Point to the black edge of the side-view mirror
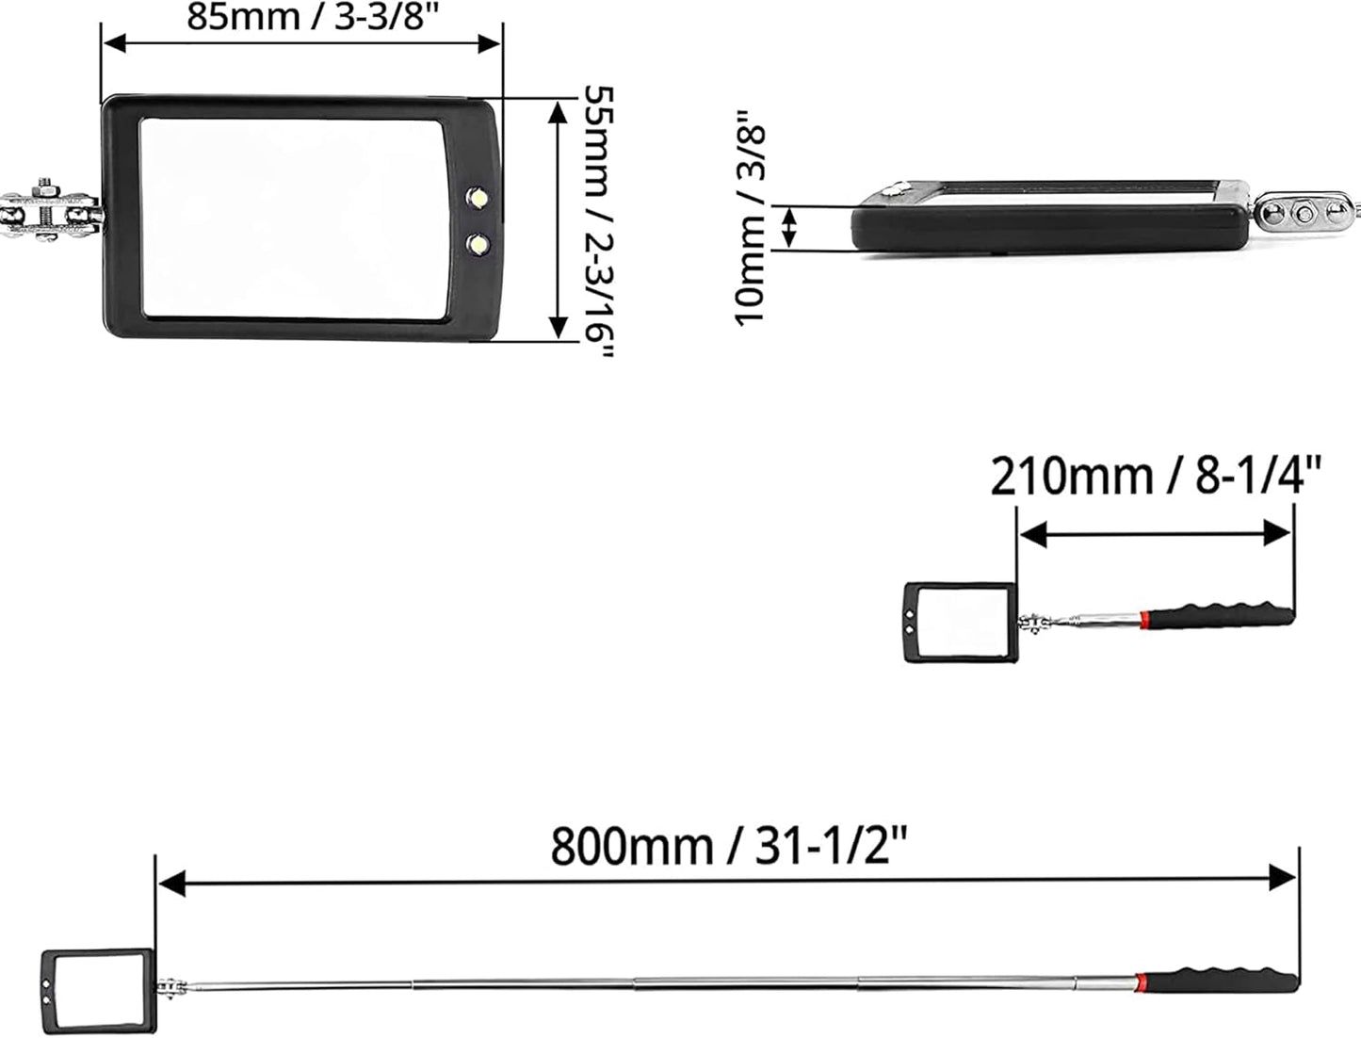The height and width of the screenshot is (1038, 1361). click(x=1045, y=230)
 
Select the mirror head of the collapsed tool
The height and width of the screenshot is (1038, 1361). click(x=961, y=622)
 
